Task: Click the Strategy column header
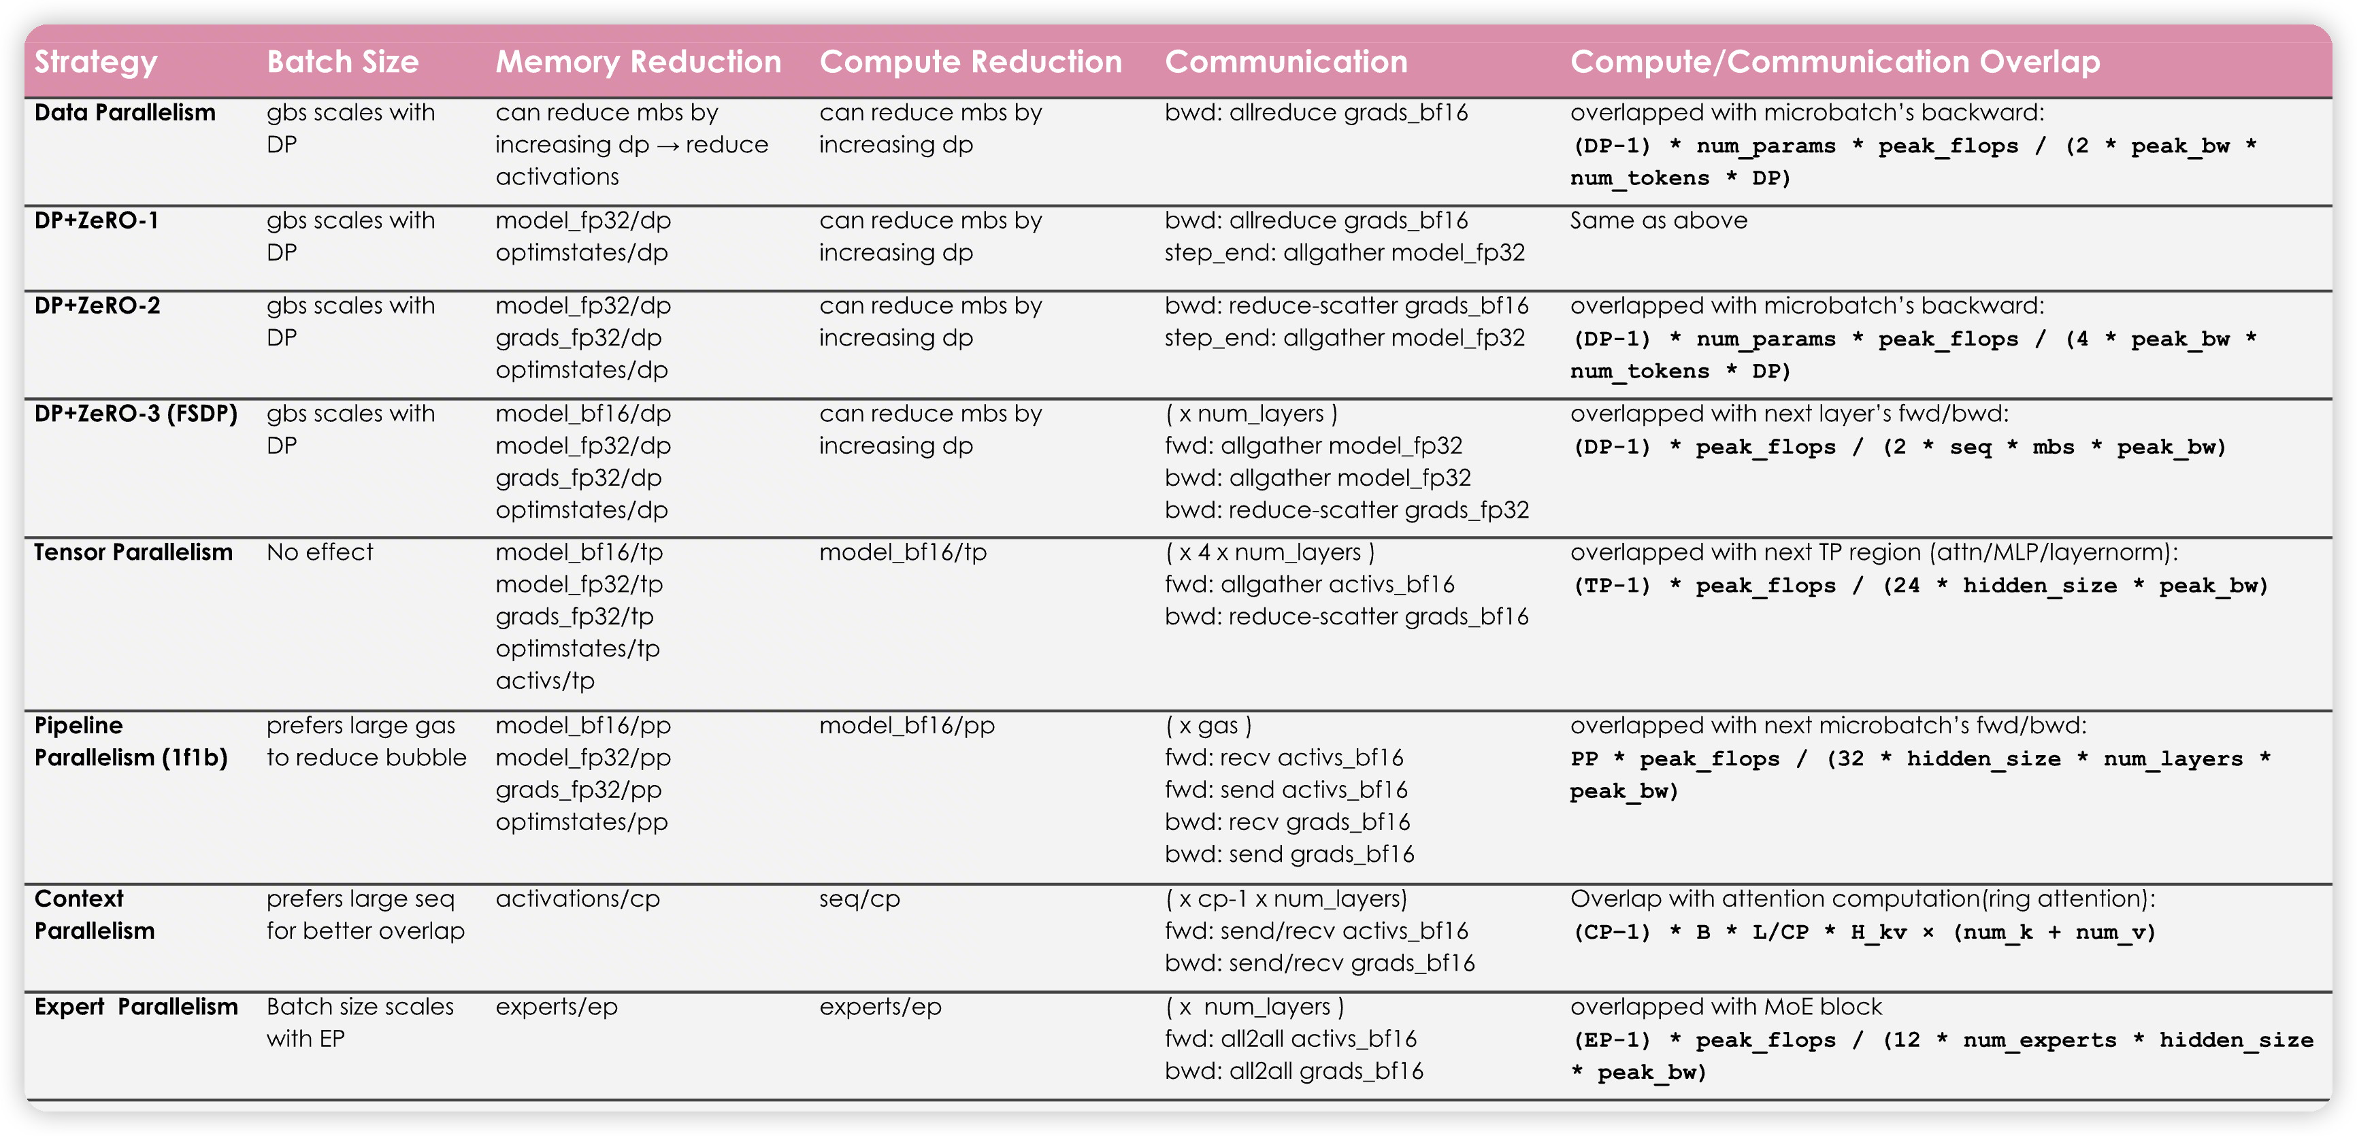pos(96,62)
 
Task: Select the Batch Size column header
pos(342,62)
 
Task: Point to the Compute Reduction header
pos(970,62)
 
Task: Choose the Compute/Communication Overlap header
pos(1834,62)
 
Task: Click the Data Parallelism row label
pos(125,112)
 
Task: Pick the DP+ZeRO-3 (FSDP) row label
pos(136,414)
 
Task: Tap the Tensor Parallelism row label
pos(133,552)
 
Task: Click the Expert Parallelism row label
pos(136,1007)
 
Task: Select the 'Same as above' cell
pos(1658,220)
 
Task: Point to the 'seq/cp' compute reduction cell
pos(859,899)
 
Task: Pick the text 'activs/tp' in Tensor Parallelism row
pos(544,680)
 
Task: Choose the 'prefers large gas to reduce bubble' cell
pos(366,741)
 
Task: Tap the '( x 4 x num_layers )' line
pos(1269,552)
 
